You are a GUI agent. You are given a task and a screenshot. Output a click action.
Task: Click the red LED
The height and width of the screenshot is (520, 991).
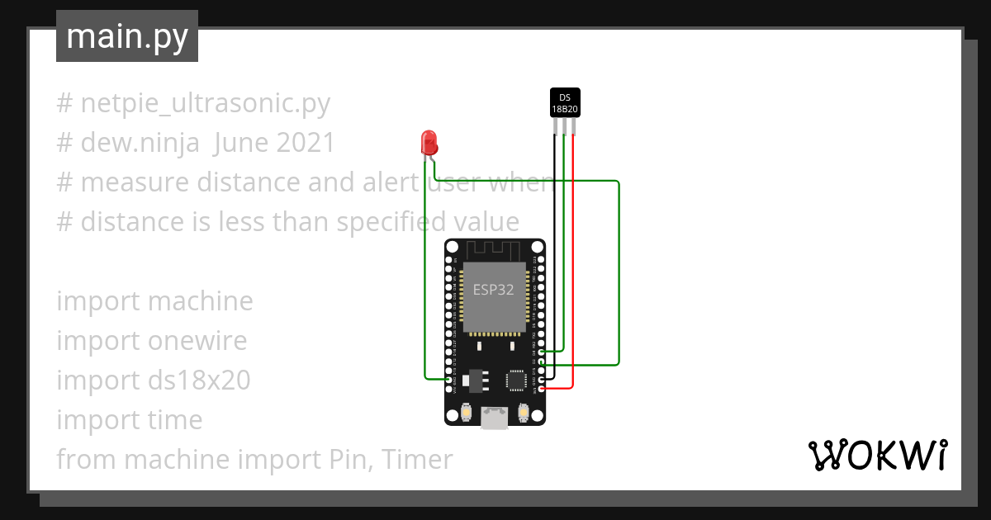click(429, 142)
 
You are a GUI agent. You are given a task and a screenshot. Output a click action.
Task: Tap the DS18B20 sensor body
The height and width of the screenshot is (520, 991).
click(566, 102)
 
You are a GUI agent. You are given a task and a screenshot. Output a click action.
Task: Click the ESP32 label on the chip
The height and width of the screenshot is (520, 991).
click(494, 290)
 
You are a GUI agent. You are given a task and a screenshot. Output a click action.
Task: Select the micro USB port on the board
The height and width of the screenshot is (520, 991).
click(495, 418)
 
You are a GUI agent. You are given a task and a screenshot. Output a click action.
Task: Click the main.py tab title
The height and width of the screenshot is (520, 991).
click(127, 36)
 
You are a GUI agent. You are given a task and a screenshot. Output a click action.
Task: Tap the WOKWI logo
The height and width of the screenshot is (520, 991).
click(876, 455)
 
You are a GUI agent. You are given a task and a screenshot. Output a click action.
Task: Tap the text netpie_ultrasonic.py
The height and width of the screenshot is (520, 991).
click(205, 103)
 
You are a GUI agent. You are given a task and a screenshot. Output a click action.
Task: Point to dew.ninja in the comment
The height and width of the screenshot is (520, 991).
click(140, 143)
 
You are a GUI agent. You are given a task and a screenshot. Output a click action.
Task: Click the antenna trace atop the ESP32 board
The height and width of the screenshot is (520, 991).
click(495, 248)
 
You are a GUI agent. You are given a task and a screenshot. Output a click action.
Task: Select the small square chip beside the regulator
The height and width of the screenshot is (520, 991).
click(517, 380)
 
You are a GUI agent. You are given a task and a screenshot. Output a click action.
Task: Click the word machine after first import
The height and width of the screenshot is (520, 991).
click(200, 301)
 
